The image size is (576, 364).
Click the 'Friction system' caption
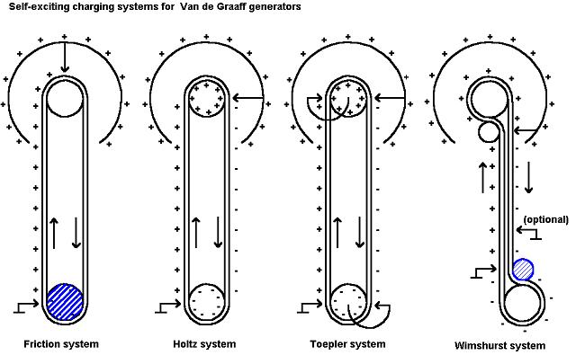tap(62, 344)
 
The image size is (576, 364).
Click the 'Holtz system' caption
tap(204, 344)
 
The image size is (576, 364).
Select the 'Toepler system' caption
tap(347, 344)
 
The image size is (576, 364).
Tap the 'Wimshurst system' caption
tap(500, 345)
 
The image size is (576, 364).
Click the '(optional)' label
tap(546, 219)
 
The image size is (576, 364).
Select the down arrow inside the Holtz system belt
tap(220, 231)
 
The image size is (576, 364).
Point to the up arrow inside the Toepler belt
tap(338, 231)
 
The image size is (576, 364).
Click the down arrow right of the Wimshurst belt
tap(529, 177)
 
